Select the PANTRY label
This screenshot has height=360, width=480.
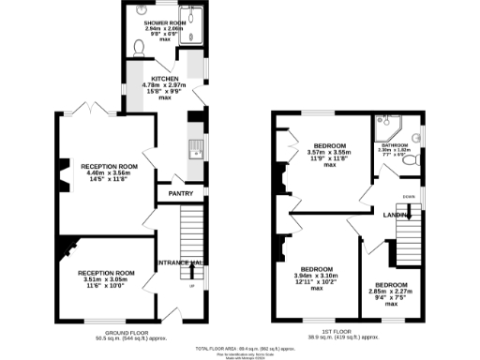tap(180, 194)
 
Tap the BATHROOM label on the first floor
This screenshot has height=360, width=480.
tap(393, 144)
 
